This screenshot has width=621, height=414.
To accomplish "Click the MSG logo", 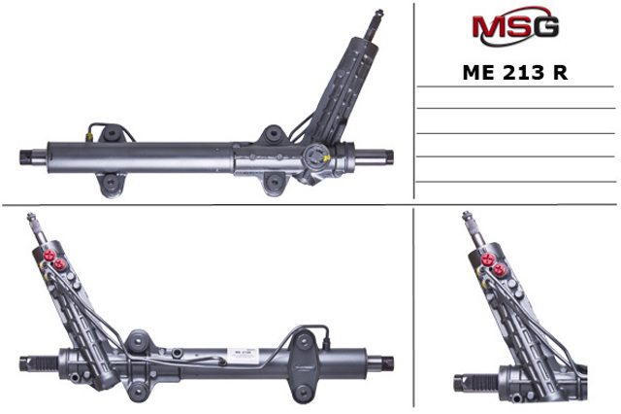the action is point(515,26).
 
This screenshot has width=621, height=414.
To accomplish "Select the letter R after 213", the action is point(561,73).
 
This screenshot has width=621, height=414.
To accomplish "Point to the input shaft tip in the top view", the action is point(379,12).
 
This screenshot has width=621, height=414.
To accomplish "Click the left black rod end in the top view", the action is point(26,157).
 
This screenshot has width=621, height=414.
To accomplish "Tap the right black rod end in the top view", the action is point(390,156).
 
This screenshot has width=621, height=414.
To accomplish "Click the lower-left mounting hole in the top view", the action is point(111,184).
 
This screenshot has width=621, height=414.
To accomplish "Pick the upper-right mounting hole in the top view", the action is point(273,134).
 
